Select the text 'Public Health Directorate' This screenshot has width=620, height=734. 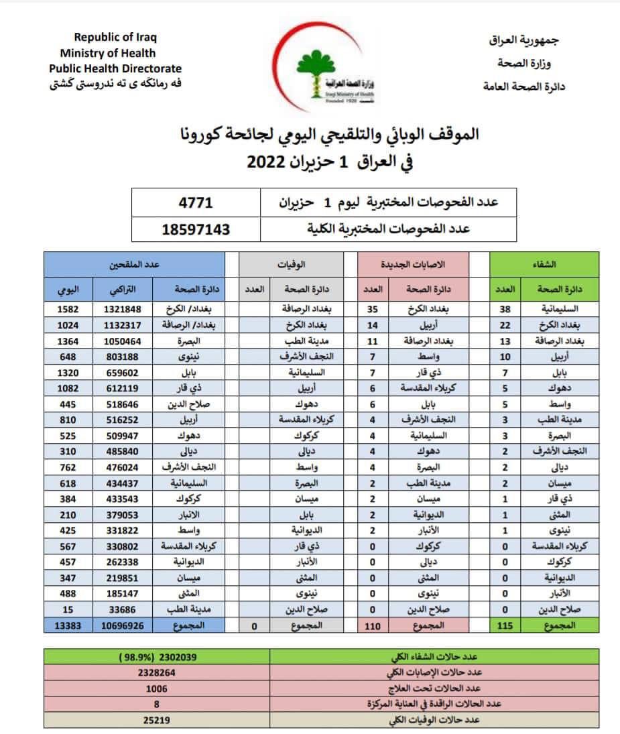(115, 68)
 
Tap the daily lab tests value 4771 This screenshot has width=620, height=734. (196, 202)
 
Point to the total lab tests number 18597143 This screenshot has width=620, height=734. (196, 229)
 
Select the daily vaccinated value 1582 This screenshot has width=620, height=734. (68, 309)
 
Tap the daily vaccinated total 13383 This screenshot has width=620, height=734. (68, 625)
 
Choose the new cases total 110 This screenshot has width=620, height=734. (373, 625)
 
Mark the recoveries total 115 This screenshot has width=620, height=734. (505, 625)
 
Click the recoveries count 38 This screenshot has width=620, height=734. (505, 309)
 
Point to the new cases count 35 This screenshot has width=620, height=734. (373, 309)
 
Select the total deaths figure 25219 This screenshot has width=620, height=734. (157, 721)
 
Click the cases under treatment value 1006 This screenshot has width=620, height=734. (157, 689)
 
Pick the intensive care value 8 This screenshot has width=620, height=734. (157, 705)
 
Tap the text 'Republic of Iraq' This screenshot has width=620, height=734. (115, 38)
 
